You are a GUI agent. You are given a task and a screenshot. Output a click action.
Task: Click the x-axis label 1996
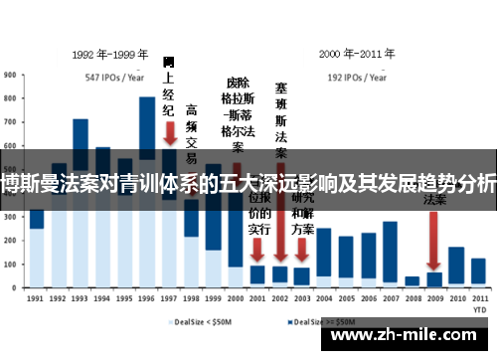[x=146, y=297]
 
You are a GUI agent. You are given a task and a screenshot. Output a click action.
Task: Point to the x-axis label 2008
[x=412, y=297]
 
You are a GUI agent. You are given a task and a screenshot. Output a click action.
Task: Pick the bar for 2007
[x=390, y=253]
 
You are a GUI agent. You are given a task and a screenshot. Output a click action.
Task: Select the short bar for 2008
[x=412, y=280]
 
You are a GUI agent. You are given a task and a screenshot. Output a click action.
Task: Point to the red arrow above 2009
[x=433, y=234]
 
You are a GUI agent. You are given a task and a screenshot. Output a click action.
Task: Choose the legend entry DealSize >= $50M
[x=317, y=323]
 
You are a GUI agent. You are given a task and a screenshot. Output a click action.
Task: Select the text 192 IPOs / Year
[x=358, y=76]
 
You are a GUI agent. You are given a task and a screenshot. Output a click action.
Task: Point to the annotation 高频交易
[x=191, y=133]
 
